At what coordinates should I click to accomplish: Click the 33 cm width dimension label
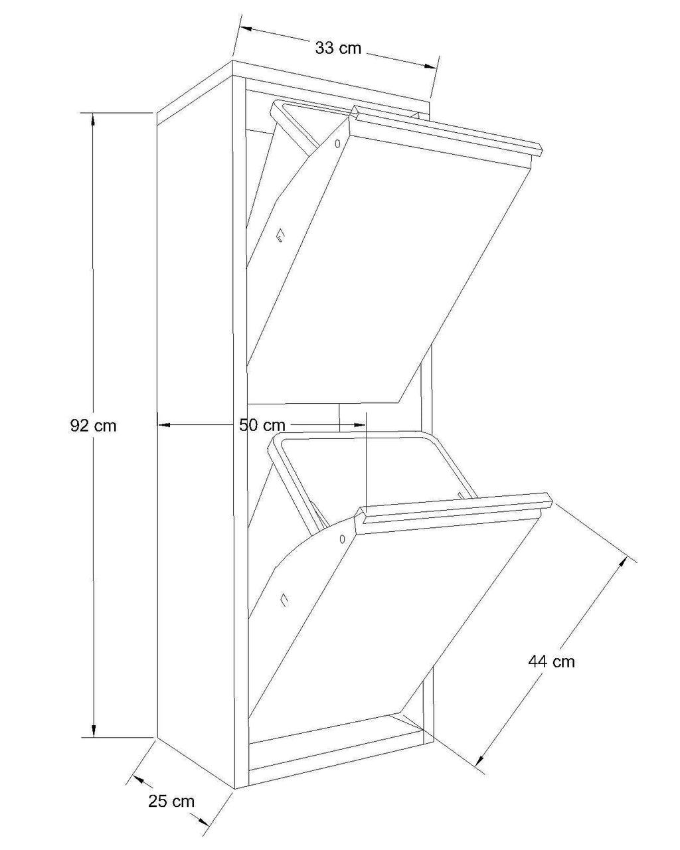click(x=338, y=48)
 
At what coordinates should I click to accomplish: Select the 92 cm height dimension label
click(x=93, y=426)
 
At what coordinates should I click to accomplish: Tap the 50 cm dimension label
click(x=262, y=425)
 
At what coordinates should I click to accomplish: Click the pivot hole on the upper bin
click(x=337, y=143)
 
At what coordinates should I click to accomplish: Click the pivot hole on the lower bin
click(x=342, y=539)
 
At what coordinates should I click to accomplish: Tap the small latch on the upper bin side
click(x=280, y=235)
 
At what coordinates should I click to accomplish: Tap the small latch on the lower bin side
click(x=284, y=600)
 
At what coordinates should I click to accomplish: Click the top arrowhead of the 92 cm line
click(x=93, y=120)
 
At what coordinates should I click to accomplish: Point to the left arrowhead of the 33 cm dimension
click(x=246, y=29)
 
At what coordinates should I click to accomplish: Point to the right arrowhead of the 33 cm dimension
click(x=430, y=66)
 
